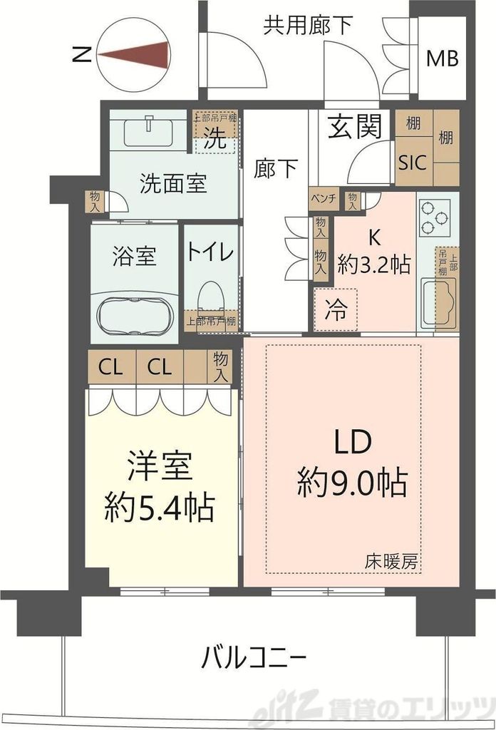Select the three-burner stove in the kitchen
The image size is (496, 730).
(435, 217)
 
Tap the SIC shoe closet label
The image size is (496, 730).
(412, 162)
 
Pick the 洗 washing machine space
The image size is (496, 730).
(216, 140)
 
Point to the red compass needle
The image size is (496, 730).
(135, 56)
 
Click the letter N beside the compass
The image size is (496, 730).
(83, 56)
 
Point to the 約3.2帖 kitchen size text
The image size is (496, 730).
(374, 265)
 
